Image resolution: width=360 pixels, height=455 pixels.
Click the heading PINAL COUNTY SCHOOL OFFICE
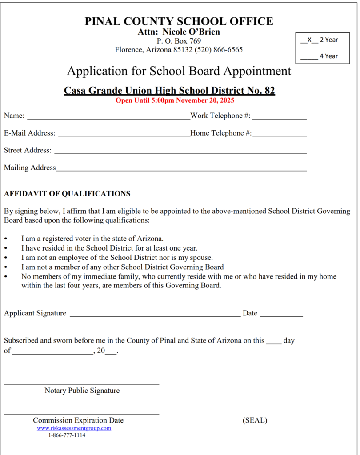point(179,21)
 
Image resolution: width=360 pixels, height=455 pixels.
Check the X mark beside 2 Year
point(309,40)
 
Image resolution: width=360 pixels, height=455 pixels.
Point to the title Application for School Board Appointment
point(179,71)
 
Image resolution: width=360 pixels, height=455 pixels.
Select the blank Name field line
point(108,118)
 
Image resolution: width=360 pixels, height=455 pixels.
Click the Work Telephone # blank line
point(279,118)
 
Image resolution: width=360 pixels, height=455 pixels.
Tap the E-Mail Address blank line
point(124,135)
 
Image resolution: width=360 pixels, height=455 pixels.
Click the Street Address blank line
point(180,152)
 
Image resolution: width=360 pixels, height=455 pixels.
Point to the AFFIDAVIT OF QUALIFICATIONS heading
point(67,194)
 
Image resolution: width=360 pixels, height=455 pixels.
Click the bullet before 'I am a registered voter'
point(6,239)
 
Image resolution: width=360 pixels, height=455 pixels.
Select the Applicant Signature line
point(155,315)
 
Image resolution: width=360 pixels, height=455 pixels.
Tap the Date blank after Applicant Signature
point(281,315)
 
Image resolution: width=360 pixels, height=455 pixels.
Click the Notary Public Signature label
point(82,391)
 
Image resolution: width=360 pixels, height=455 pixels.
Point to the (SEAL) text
point(255,420)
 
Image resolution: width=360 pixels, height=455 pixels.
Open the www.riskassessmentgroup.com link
point(74,428)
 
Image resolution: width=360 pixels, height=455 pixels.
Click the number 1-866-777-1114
point(67,435)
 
